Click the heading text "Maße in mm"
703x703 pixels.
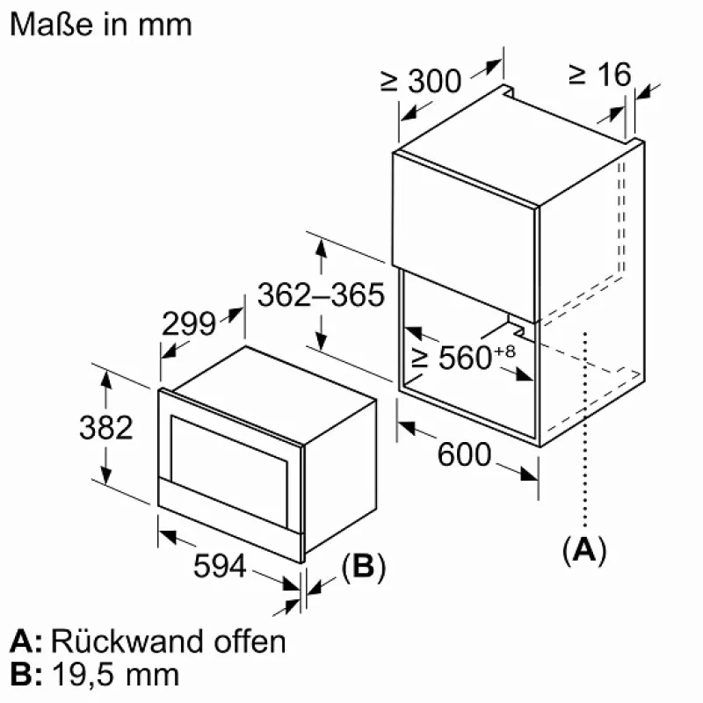(x=100, y=24)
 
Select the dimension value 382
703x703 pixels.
(x=105, y=428)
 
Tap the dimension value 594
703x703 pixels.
(x=220, y=568)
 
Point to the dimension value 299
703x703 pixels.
(x=189, y=324)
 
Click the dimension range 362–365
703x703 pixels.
(x=321, y=295)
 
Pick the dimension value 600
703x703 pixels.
(x=463, y=454)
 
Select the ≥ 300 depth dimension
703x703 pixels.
(x=421, y=81)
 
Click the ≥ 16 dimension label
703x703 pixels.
(x=599, y=75)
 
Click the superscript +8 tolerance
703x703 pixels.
(x=504, y=351)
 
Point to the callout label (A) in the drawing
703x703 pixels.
(x=584, y=549)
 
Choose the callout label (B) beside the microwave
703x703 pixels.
(x=363, y=568)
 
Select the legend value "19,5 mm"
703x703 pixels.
(x=115, y=675)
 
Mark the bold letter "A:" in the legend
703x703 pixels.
(x=26, y=641)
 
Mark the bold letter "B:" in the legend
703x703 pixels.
(x=26, y=675)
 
